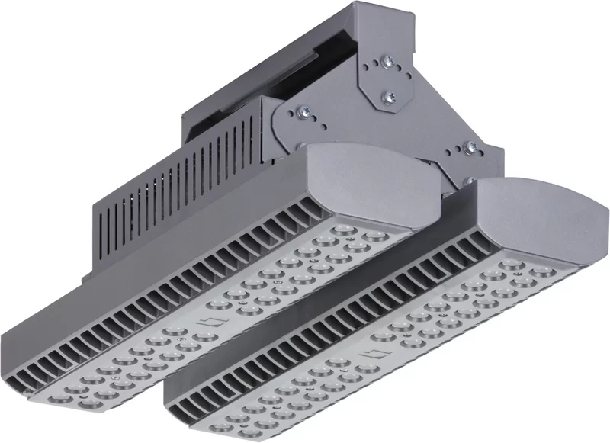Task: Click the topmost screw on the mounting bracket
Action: (390, 61)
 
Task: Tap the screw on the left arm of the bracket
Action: (304, 112)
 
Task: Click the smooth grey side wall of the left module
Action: (114, 290)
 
